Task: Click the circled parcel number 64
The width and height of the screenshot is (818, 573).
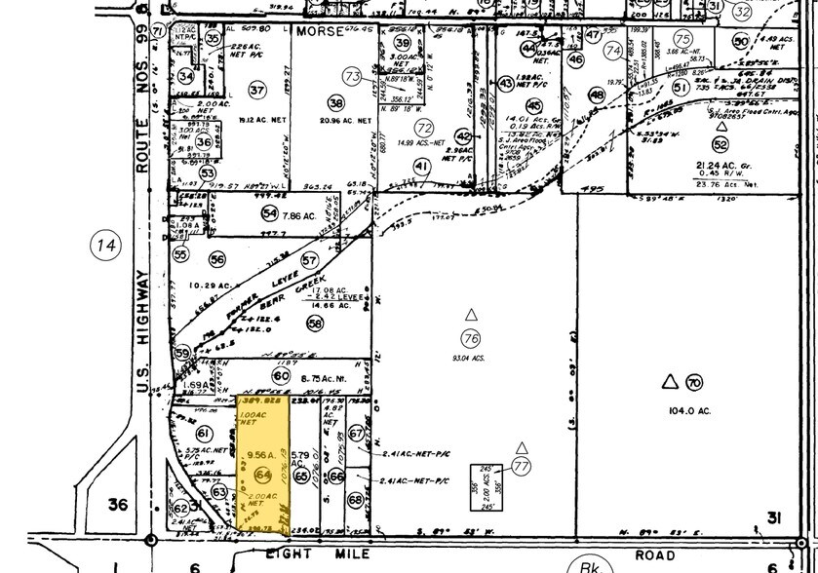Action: (x=261, y=475)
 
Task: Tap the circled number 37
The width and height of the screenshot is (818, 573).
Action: (x=257, y=91)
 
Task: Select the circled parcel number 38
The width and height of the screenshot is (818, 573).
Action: (x=336, y=102)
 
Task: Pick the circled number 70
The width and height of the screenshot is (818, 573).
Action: (x=694, y=383)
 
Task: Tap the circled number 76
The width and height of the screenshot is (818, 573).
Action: (x=471, y=338)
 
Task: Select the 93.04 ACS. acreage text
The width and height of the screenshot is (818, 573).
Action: (x=472, y=358)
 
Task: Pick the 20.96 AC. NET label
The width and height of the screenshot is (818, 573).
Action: (x=346, y=122)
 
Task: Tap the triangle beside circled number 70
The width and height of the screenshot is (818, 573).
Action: (x=670, y=382)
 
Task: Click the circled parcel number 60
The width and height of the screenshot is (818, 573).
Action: (x=282, y=375)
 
